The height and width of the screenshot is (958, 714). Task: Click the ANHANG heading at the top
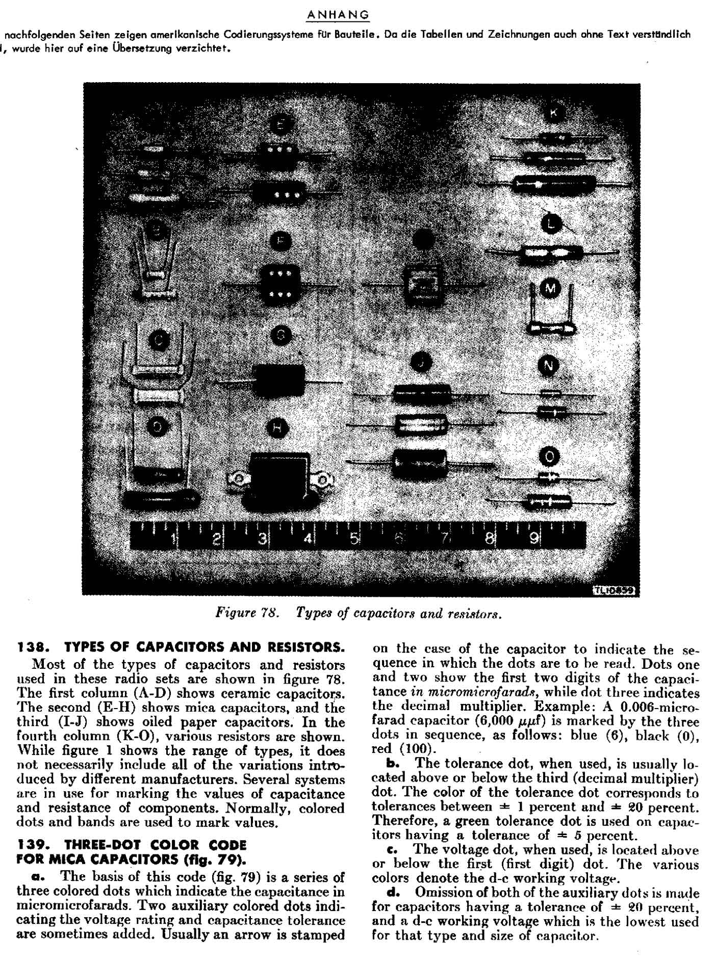click(338, 15)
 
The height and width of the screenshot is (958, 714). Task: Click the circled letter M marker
click(550, 289)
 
